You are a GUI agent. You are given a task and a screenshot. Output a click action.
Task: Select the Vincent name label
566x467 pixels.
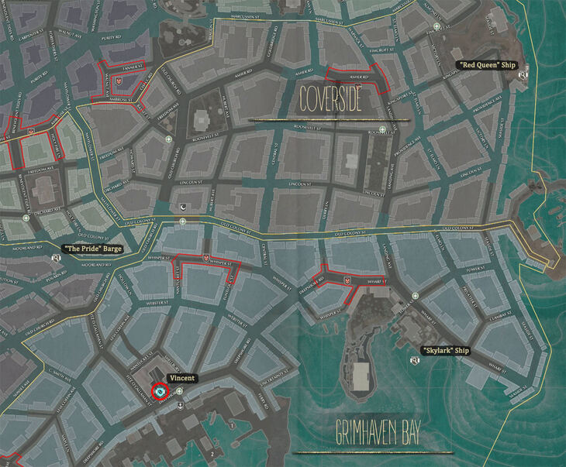(183, 378)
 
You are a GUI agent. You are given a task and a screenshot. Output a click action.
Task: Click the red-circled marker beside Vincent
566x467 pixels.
(160, 392)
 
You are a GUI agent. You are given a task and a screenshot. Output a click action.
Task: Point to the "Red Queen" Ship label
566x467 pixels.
(487, 65)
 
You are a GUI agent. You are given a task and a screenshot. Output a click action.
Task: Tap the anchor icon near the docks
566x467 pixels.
(180, 404)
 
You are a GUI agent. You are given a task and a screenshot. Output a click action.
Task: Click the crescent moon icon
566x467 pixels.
(183, 207)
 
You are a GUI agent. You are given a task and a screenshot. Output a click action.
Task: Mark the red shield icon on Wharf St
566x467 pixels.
(347, 275)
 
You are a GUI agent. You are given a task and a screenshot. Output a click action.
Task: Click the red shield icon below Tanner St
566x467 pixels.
(118, 79)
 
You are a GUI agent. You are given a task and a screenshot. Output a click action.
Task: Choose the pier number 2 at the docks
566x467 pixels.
(211, 453)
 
